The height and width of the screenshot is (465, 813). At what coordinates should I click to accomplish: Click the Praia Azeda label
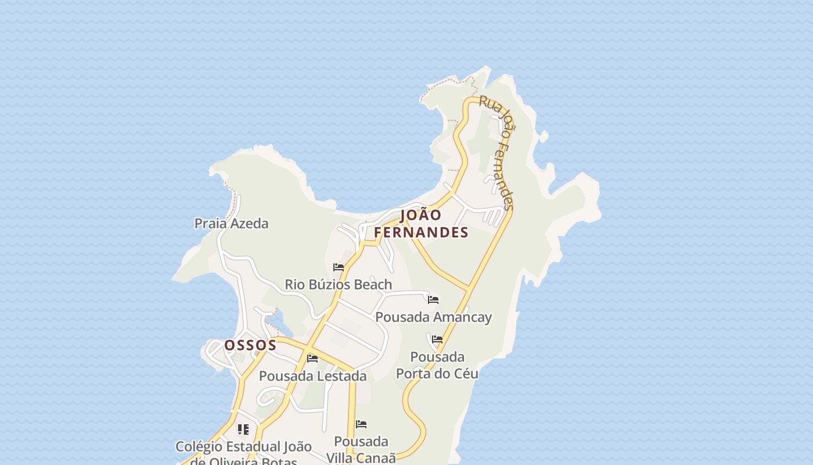point(231,224)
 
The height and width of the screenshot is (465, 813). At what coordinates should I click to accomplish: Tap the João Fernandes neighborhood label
point(421,224)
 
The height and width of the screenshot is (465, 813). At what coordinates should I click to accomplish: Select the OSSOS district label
point(250,345)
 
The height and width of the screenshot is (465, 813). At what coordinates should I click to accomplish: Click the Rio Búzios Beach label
point(338,285)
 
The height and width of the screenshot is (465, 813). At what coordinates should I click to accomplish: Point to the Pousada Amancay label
point(433,317)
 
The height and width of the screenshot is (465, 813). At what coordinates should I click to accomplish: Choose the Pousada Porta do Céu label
point(437,365)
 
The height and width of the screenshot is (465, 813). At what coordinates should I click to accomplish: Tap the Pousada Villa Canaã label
point(361,449)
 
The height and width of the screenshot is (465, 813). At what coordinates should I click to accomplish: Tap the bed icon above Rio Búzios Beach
point(339,267)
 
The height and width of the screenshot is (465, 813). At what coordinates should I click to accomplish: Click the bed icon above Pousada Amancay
point(433,300)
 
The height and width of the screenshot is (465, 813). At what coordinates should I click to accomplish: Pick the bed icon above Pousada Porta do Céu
point(437,339)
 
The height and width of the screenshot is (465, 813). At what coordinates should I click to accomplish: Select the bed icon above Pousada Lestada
point(312,359)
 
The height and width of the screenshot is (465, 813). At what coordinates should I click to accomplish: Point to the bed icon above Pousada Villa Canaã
point(361,424)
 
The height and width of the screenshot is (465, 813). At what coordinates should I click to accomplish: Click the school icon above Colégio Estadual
point(243,430)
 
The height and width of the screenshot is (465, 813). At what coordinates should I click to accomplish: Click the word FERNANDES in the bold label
point(421,233)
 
